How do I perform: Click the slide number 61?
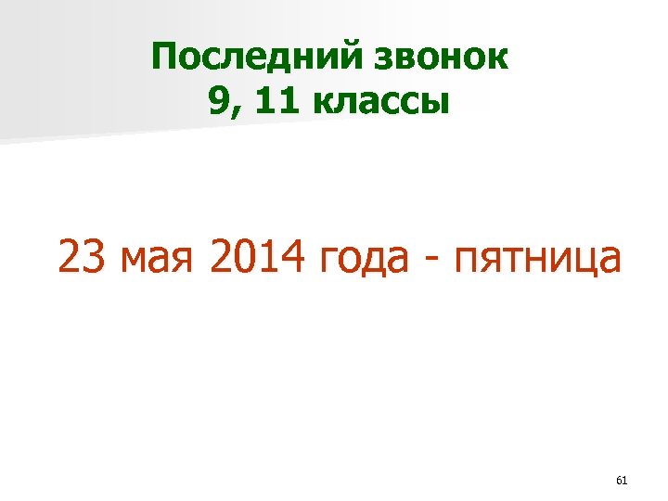(622, 480)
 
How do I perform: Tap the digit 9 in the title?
(220, 101)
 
